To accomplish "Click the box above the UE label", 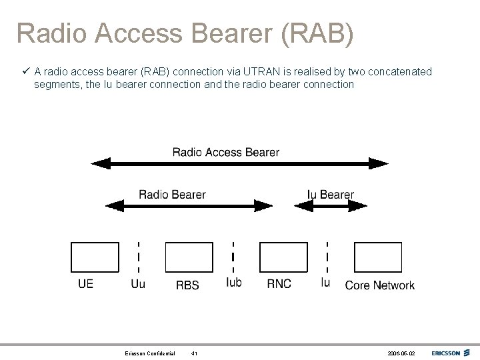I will (95, 257).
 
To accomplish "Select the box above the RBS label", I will (189, 257).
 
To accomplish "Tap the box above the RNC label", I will (283, 257).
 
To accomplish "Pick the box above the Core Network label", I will (377, 257).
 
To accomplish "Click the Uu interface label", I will (138, 285).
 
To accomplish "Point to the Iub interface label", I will (234, 283).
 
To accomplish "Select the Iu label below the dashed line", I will (325, 283).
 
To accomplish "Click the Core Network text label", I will (379, 285).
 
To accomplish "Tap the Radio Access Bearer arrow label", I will (226, 152).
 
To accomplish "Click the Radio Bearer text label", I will (172, 195).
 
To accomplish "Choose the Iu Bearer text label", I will (331, 195).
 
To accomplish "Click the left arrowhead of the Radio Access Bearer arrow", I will (99, 163).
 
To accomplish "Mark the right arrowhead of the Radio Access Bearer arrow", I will (380, 163).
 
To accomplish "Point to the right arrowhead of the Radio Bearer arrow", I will (265, 206).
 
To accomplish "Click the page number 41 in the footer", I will (194, 353).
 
